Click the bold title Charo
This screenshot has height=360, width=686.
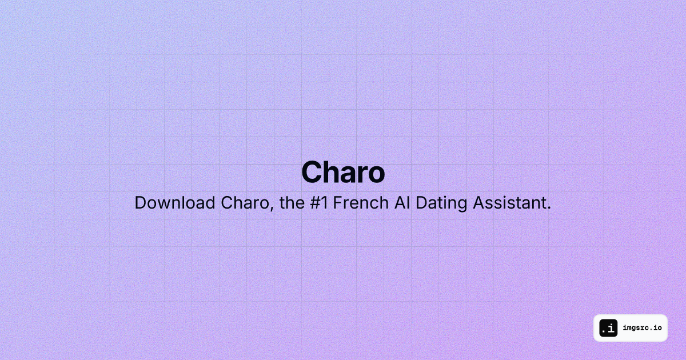(343, 172)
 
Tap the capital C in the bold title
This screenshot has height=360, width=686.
(312, 172)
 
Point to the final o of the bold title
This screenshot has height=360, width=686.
(375, 175)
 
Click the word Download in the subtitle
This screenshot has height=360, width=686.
(175, 203)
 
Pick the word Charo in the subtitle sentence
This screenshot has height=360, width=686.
(245, 203)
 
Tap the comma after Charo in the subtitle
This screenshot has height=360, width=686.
(272, 209)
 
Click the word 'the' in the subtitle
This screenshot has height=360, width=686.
(292, 203)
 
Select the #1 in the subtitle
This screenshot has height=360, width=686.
(319, 203)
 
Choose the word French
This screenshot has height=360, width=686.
(361, 203)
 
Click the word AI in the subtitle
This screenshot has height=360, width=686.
(402, 203)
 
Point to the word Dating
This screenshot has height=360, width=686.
(441, 204)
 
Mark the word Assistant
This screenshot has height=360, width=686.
(509, 203)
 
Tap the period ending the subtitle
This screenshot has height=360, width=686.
(549, 208)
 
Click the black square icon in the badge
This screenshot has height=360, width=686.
(608, 328)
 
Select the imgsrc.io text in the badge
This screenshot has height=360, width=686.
(642, 328)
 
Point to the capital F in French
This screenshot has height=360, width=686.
(337, 203)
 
